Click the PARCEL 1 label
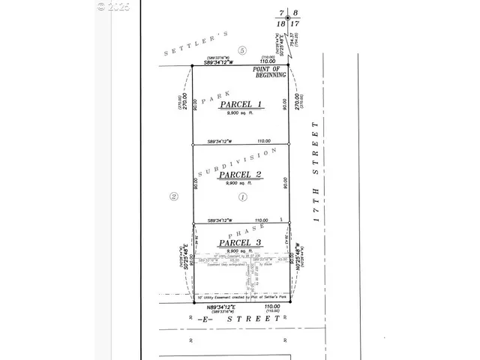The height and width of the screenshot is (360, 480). (x=241, y=105)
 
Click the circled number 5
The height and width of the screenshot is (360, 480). (x=241, y=50)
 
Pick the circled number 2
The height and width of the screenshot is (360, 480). (x=173, y=197)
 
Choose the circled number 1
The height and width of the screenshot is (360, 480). (x=241, y=197)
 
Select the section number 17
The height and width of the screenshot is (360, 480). (x=295, y=24)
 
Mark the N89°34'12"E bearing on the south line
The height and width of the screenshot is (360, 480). (x=214, y=306)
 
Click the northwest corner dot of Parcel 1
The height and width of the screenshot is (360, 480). (x=193, y=66)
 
